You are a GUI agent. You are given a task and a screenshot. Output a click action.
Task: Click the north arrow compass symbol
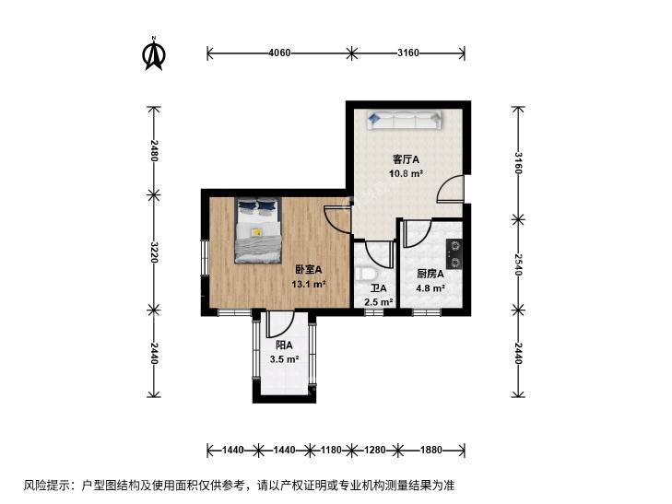[x=154, y=54]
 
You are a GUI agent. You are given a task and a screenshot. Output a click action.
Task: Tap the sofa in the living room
[x=404, y=120]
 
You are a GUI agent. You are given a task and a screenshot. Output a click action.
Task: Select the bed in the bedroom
[x=258, y=230]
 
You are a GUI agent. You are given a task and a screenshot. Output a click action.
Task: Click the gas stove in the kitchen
[x=454, y=253]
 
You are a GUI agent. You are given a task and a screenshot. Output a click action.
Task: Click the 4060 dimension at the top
[x=279, y=53]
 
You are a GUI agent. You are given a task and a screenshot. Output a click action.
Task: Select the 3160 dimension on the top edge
[x=408, y=53]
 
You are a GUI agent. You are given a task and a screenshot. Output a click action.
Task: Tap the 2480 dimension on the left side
[x=154, y=151]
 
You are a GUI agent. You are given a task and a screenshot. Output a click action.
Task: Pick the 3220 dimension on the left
[x=154, y=252]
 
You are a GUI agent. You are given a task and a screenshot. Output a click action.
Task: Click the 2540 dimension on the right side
[x=518, y=264]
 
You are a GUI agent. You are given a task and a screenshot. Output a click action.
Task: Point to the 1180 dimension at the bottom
[x=331, y=450]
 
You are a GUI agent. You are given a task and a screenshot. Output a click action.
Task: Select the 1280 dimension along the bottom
[x=375, y=450]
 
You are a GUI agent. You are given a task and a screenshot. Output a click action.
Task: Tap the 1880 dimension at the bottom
[x=430, y=450]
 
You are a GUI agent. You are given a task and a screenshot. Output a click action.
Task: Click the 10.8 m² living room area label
[x=406, y=173]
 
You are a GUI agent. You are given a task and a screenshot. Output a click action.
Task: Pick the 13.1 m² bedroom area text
[x=309, y=284]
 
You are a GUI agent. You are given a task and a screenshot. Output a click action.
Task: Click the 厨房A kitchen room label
[x=430, y=274]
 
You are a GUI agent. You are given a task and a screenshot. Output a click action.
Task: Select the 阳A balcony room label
[x=284, y=346]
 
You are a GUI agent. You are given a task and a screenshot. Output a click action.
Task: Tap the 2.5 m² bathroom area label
[x=379, y=302]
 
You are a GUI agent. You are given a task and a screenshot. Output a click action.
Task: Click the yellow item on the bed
[x=257, y=232]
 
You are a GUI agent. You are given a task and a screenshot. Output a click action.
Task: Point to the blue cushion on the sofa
[x=374, y=117]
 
